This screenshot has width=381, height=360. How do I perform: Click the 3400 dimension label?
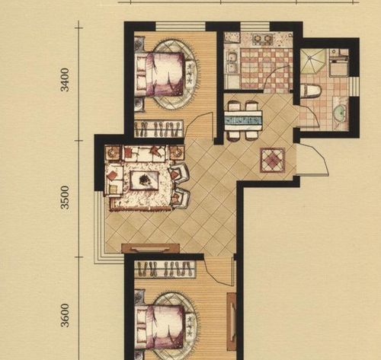point(66,79)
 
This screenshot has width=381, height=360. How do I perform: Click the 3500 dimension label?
point(66,197)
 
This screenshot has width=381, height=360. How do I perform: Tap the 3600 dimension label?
point(66,315)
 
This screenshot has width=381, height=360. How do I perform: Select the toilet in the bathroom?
point(311,91)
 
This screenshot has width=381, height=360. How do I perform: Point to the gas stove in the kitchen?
point(261,40)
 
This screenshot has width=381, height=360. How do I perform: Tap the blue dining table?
point(243,120)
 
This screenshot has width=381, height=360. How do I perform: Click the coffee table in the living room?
point(145,180)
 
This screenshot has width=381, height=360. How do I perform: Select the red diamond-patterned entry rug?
point(272,161)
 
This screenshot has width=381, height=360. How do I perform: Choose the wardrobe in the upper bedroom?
point(158,129)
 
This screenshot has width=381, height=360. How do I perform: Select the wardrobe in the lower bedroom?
point(165,269)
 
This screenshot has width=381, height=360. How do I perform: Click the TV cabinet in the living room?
point(151,248)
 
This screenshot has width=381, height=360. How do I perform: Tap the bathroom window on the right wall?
point(354,87)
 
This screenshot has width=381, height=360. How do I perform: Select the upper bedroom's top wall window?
point(181,27)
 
